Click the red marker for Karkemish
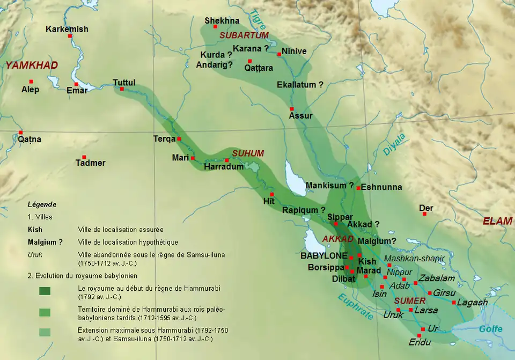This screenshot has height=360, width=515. click(70, 36)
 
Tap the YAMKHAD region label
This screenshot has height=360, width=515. click(32, 65)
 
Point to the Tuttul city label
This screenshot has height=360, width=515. click(124, 82)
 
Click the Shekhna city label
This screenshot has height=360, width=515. click(222, 21)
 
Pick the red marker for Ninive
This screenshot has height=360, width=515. click(279, 54)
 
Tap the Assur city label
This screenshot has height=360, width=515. click(300, 115)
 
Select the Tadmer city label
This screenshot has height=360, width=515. click(90, 163)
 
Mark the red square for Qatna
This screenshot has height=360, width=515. click(20, 133)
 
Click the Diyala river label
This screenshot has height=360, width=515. click(393, 144)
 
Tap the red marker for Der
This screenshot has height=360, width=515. click(424, 214)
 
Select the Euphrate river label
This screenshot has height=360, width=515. click(355, 307)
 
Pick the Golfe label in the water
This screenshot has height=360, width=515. click(490, 329)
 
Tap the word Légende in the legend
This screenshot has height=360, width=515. click(42, 204)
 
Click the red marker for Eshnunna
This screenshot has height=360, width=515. click(358, 188)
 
